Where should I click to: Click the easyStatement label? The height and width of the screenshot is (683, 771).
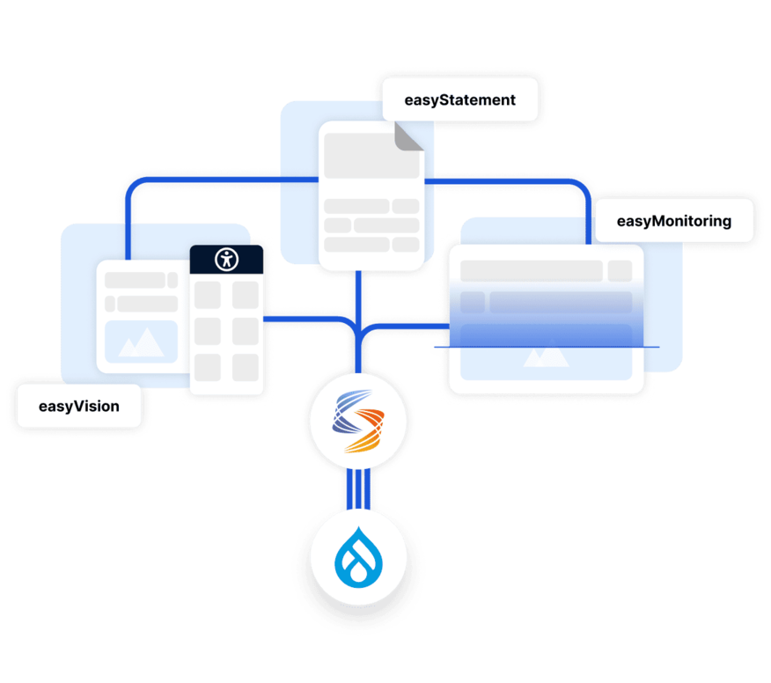coord(459,100)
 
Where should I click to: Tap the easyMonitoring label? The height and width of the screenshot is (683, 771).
coord(673,221)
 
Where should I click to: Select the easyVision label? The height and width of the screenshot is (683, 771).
coord(78,407)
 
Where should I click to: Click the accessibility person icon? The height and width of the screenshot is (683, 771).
coord(226,259)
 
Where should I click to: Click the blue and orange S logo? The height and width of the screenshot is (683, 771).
coord(362,423)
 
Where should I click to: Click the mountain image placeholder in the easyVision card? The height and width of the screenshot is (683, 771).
coord(141,341)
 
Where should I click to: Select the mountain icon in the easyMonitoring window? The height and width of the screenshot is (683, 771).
coord(546,356)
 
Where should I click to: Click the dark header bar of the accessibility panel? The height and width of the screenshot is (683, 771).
coord(226,259)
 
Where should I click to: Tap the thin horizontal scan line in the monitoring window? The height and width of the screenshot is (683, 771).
coord(546,348)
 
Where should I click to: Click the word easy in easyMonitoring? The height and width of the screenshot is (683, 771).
coord(635,221)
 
